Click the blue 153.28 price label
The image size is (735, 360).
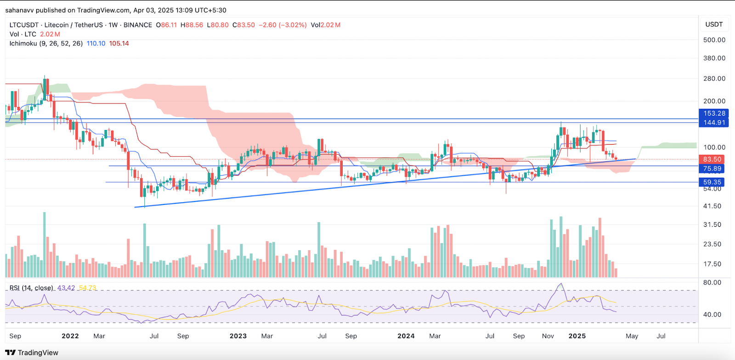[x=714, y=113]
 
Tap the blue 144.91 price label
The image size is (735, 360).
[x=714, y=123]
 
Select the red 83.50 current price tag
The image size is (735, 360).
[x=712, y=159]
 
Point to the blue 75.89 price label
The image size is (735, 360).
[x=712, y=169]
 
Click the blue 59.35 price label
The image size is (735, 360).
[x=712, y=182]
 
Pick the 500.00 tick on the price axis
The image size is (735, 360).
[x=714, y=40]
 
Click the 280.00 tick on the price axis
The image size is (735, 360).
[x=714, y=79]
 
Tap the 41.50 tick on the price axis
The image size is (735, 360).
[x=712, y=206]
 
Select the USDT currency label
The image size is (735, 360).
[x=714, y=24]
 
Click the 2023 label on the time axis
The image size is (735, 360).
[x=238, y=336]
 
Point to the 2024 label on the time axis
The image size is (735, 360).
[x=406, y=336]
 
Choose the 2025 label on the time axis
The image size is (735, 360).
[x=577, y=336]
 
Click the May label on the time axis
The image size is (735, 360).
[x=632, y=336]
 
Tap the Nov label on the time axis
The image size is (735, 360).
[x=548, y=336]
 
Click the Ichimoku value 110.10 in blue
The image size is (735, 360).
[x=96, y=44]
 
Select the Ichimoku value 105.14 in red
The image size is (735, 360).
[x=119, y=44]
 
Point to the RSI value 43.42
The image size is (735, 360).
[x=66, y=288]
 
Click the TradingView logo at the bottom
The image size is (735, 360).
[x=32, y=353]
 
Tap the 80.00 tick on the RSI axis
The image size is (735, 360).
[x=712, y=282]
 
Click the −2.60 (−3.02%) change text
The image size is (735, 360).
[x=283, y=25]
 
